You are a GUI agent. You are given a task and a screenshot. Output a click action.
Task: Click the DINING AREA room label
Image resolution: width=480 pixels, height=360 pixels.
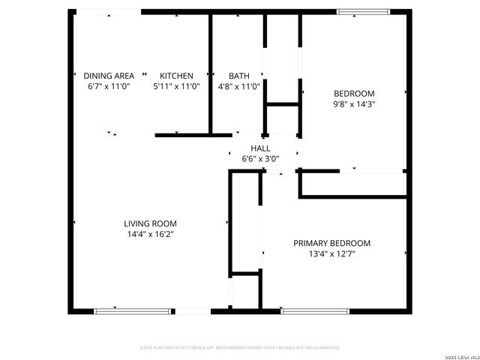[109, 76]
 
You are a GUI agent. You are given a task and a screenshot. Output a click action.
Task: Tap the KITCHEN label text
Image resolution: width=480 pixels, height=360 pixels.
[176, 76]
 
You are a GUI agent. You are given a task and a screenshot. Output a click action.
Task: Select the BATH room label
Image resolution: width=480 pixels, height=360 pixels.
[239, 76]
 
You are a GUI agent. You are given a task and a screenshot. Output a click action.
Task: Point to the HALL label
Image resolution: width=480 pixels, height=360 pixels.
[260, 148]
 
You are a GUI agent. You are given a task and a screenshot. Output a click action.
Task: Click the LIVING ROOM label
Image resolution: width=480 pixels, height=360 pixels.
[150, 223]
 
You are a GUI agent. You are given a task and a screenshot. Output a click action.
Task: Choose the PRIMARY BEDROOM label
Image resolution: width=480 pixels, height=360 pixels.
[331, 243]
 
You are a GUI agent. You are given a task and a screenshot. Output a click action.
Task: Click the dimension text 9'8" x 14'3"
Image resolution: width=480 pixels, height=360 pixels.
[354, 104]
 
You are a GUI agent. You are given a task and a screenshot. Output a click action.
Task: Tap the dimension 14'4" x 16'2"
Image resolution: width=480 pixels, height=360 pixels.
[150, 234]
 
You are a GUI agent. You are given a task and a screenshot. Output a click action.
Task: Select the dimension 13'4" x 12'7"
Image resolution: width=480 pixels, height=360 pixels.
[331, 253]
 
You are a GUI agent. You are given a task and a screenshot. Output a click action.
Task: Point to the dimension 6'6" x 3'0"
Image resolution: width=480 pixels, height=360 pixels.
[260, 159]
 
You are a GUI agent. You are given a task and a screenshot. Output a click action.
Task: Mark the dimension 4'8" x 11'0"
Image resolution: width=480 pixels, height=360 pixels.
[239, 86]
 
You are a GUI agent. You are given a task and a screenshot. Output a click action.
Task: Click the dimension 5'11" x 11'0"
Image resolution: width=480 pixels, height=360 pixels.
[176, 86]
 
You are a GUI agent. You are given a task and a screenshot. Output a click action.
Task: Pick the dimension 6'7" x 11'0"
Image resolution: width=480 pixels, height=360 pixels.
[109, 86]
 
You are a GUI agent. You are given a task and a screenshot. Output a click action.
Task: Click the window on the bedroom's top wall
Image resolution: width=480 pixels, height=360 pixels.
[363, 11]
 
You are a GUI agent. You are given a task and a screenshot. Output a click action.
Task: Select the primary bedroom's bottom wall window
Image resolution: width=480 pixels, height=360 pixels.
[316, 310]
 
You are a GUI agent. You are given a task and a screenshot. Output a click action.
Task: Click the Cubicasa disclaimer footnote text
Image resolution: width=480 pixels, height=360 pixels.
[240, 348]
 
